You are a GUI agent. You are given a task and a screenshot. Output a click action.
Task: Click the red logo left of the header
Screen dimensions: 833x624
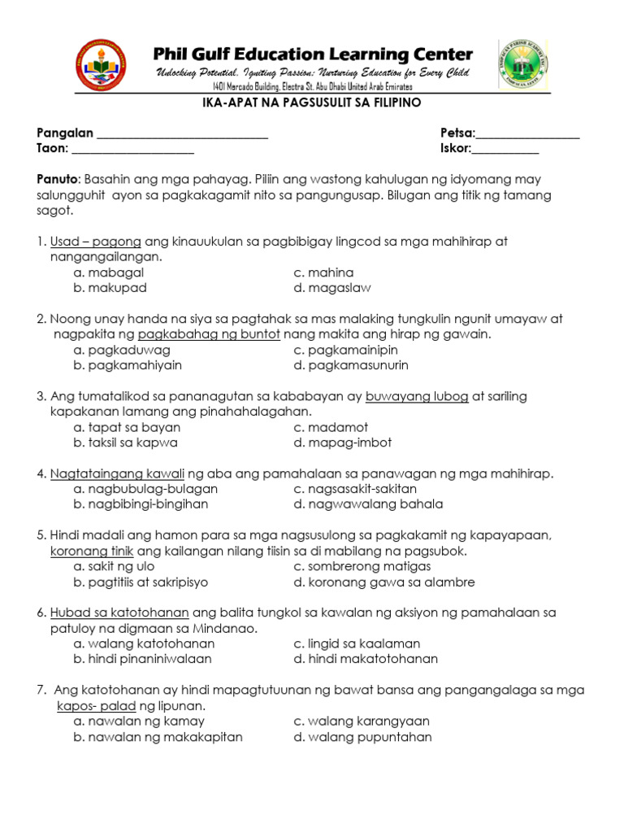click(x=101, y=64)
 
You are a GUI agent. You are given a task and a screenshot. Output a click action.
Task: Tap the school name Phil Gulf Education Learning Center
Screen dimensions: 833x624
click(x=313, y=55)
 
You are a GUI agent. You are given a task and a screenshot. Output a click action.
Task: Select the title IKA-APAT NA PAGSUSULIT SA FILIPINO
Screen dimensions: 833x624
click(x=312, y=103)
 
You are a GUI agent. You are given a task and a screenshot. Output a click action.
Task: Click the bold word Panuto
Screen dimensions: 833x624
click(x=56, y=179)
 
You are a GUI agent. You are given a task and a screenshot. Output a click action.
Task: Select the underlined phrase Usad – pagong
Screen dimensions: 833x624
click(x=96, y=242)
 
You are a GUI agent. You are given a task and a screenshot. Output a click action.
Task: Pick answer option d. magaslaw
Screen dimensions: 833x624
click(x=333, y=288)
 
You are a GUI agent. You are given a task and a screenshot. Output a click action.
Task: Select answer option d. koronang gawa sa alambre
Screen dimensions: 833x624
click(x=384, y=582)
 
